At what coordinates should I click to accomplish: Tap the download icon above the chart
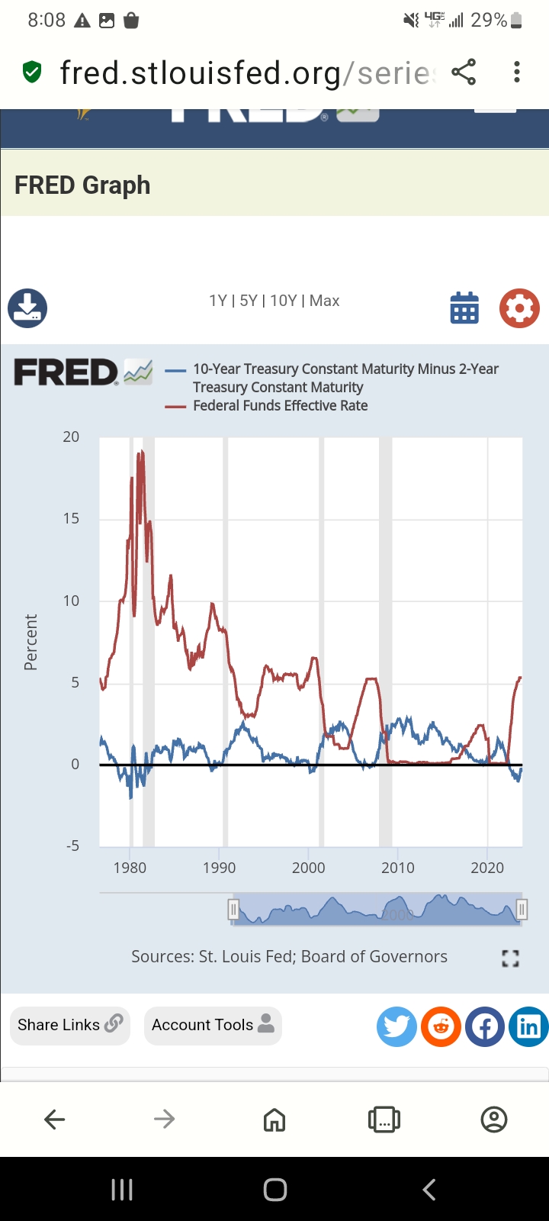(x=27, y=308)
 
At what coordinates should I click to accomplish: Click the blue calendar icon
(x=464, y=308)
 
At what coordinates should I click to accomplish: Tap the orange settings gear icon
(x=519, y=308)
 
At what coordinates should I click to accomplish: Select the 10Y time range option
(x=284, y=301)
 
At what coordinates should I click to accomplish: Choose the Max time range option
(x=325, y=301)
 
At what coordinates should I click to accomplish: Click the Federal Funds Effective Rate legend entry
(x=280, y=406)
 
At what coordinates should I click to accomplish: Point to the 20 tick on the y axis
(x=71, y=437)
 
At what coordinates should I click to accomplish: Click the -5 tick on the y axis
(x=72, y=846)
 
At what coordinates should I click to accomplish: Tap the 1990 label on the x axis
(x=220, y=868)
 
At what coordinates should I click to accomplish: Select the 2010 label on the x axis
(x=398, y=868)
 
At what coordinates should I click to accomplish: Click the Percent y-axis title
(x=30, y=642)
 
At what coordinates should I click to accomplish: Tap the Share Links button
(x=69, y=1025)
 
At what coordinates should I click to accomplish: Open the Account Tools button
(x=213, y=1025)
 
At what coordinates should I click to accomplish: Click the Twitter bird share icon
(x=396, y=1026)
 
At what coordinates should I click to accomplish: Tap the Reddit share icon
(x=441, y=1026)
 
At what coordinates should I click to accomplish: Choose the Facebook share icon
(x=485, y=1026)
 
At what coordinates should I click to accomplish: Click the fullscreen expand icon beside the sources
(x=510, y=958)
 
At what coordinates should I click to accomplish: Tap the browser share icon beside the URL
(x=464, y=72)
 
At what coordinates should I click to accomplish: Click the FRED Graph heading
(x=82, y=185)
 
